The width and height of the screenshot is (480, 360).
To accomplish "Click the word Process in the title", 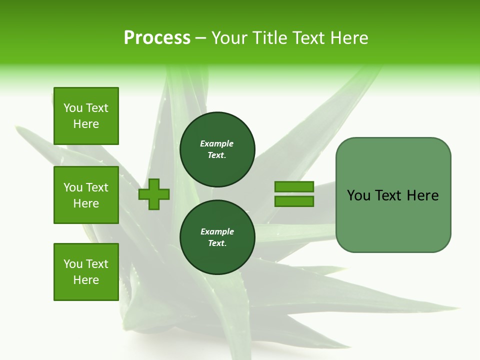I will tap(157, 38).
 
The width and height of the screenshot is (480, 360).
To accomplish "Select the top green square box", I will tap(86, 116).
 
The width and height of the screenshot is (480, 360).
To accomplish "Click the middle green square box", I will tap(86, 195).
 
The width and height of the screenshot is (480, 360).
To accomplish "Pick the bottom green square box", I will tap(86, 272).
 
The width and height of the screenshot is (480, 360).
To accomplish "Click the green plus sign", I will tap(154, 195).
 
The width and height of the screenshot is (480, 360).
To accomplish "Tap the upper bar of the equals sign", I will tap(294, 186).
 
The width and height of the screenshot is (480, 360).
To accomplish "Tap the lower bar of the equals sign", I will tap(294, 201).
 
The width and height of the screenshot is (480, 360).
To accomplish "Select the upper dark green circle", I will tap(217, 149).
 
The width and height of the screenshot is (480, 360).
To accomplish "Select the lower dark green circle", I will tap(217, 237).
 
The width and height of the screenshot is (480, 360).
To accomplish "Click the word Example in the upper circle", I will tap(216, 143).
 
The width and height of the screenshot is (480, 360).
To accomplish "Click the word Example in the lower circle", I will tap(217, 231).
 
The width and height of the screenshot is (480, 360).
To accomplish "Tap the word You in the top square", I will tap(72, 108).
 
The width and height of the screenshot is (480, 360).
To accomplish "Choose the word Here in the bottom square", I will tap(86, 280).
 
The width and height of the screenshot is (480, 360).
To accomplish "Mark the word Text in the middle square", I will tap(97, 187).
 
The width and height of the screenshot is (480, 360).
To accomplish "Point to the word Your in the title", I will tap(229, 38).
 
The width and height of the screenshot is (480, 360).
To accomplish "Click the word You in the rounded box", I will tap(358, 195).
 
